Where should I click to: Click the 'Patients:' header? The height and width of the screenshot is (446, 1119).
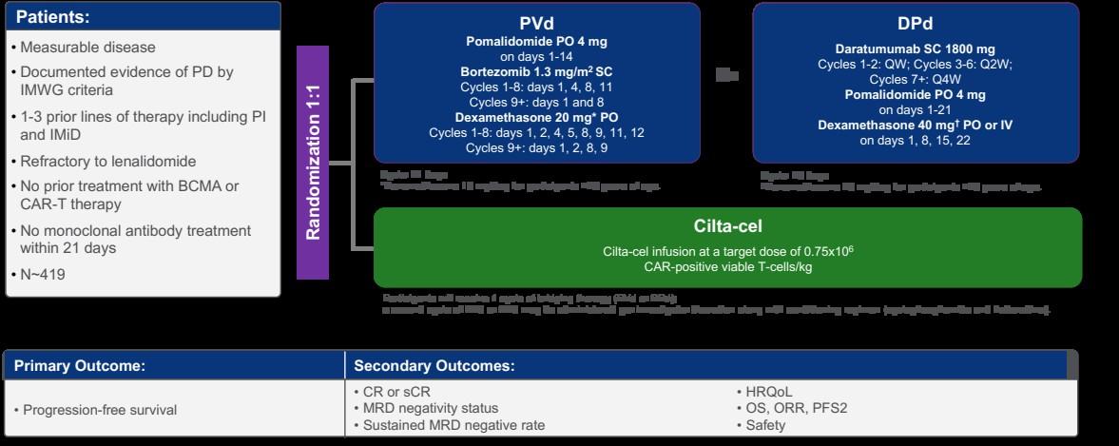[54, 17]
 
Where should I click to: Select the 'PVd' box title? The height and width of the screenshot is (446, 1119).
[536, 23]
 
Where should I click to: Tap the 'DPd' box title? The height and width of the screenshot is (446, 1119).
[916, 23]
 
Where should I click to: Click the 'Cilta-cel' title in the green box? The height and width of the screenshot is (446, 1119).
[727, 226]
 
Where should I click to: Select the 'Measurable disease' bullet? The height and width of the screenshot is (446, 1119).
[83, 47]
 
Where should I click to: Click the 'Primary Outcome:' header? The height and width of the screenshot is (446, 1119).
[79, 365]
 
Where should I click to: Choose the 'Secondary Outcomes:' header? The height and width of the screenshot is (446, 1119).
[434, 365]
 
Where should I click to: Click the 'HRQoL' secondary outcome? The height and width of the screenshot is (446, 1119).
[767, 392]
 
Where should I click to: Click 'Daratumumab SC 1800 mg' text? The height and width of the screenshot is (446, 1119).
[916, 48]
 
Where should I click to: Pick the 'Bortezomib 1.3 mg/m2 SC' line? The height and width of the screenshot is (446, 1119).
[536, 71]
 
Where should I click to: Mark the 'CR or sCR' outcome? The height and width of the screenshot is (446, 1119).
[394, 392]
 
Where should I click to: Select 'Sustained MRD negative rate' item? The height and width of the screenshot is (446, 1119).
[453, 425]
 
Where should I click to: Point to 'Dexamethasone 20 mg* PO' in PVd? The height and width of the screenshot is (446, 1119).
[536, 117]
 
